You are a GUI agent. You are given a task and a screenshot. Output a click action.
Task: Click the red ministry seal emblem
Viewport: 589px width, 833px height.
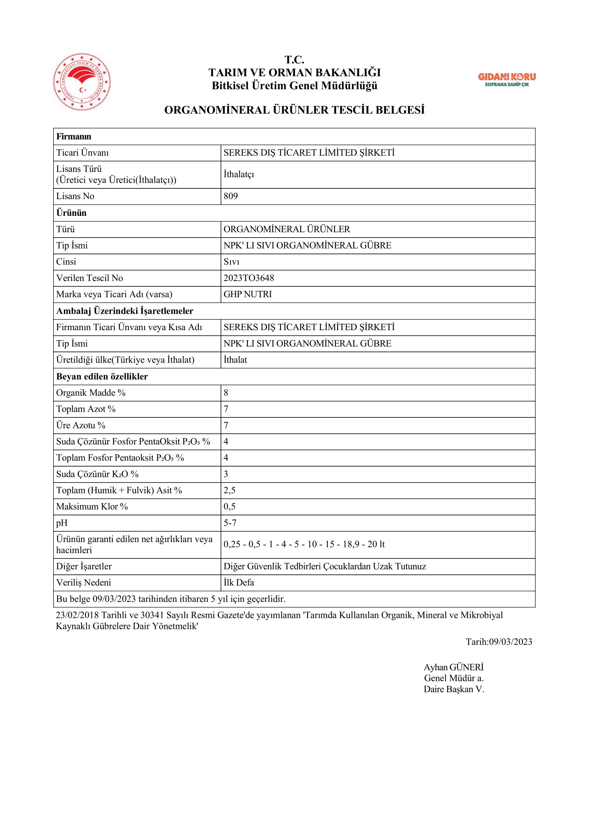82,82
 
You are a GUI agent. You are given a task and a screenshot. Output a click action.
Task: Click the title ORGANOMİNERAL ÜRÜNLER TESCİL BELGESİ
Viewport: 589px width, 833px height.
294,110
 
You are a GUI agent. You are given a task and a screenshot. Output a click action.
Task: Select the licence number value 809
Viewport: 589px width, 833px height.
231,196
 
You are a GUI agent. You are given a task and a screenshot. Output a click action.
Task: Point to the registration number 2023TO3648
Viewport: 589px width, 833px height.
249,278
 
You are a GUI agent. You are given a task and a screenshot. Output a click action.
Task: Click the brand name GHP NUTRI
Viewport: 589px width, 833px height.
248,294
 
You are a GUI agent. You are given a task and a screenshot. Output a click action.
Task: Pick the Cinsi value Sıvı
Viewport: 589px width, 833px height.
232,262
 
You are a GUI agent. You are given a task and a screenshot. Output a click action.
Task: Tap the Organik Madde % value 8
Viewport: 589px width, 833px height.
226,392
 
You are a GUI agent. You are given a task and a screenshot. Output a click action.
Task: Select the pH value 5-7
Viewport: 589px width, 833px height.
230,523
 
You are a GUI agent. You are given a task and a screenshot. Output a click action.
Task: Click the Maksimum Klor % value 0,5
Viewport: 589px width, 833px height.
229,506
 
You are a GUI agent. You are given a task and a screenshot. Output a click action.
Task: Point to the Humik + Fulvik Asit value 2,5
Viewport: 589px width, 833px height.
229,490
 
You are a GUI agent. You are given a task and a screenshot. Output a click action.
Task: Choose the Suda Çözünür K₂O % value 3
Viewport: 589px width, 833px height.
226,474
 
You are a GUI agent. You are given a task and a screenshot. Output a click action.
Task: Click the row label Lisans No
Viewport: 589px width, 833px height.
75,196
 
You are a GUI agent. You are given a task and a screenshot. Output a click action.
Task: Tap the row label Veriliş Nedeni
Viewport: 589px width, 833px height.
83,582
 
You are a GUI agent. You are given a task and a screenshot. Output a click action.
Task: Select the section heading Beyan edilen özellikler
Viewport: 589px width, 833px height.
102,376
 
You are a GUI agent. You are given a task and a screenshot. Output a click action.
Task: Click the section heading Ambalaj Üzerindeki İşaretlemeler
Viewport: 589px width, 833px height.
125,311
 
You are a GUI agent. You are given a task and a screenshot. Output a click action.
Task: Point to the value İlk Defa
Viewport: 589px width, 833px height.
239,582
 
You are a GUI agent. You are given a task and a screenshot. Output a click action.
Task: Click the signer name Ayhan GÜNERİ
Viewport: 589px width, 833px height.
453,667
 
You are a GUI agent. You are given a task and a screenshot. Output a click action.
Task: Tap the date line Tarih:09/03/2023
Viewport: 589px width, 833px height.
498,641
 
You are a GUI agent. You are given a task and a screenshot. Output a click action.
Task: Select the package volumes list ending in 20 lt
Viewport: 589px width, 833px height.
304,544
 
